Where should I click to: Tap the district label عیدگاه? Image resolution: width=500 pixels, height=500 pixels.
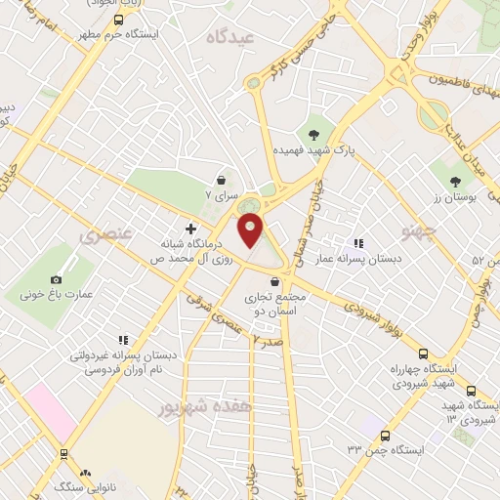229,36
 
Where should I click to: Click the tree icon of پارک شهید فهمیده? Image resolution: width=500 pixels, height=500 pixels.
313,134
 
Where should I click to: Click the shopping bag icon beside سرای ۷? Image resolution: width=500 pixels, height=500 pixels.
222,180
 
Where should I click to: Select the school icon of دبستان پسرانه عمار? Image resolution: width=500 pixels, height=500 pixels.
358,242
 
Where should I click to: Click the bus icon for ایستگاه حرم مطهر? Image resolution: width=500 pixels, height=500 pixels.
118,19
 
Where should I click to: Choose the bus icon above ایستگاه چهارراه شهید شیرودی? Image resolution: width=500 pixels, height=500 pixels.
422,354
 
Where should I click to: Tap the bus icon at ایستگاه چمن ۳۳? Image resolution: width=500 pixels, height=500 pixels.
385,436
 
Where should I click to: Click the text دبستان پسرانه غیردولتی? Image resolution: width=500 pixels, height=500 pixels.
123,355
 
